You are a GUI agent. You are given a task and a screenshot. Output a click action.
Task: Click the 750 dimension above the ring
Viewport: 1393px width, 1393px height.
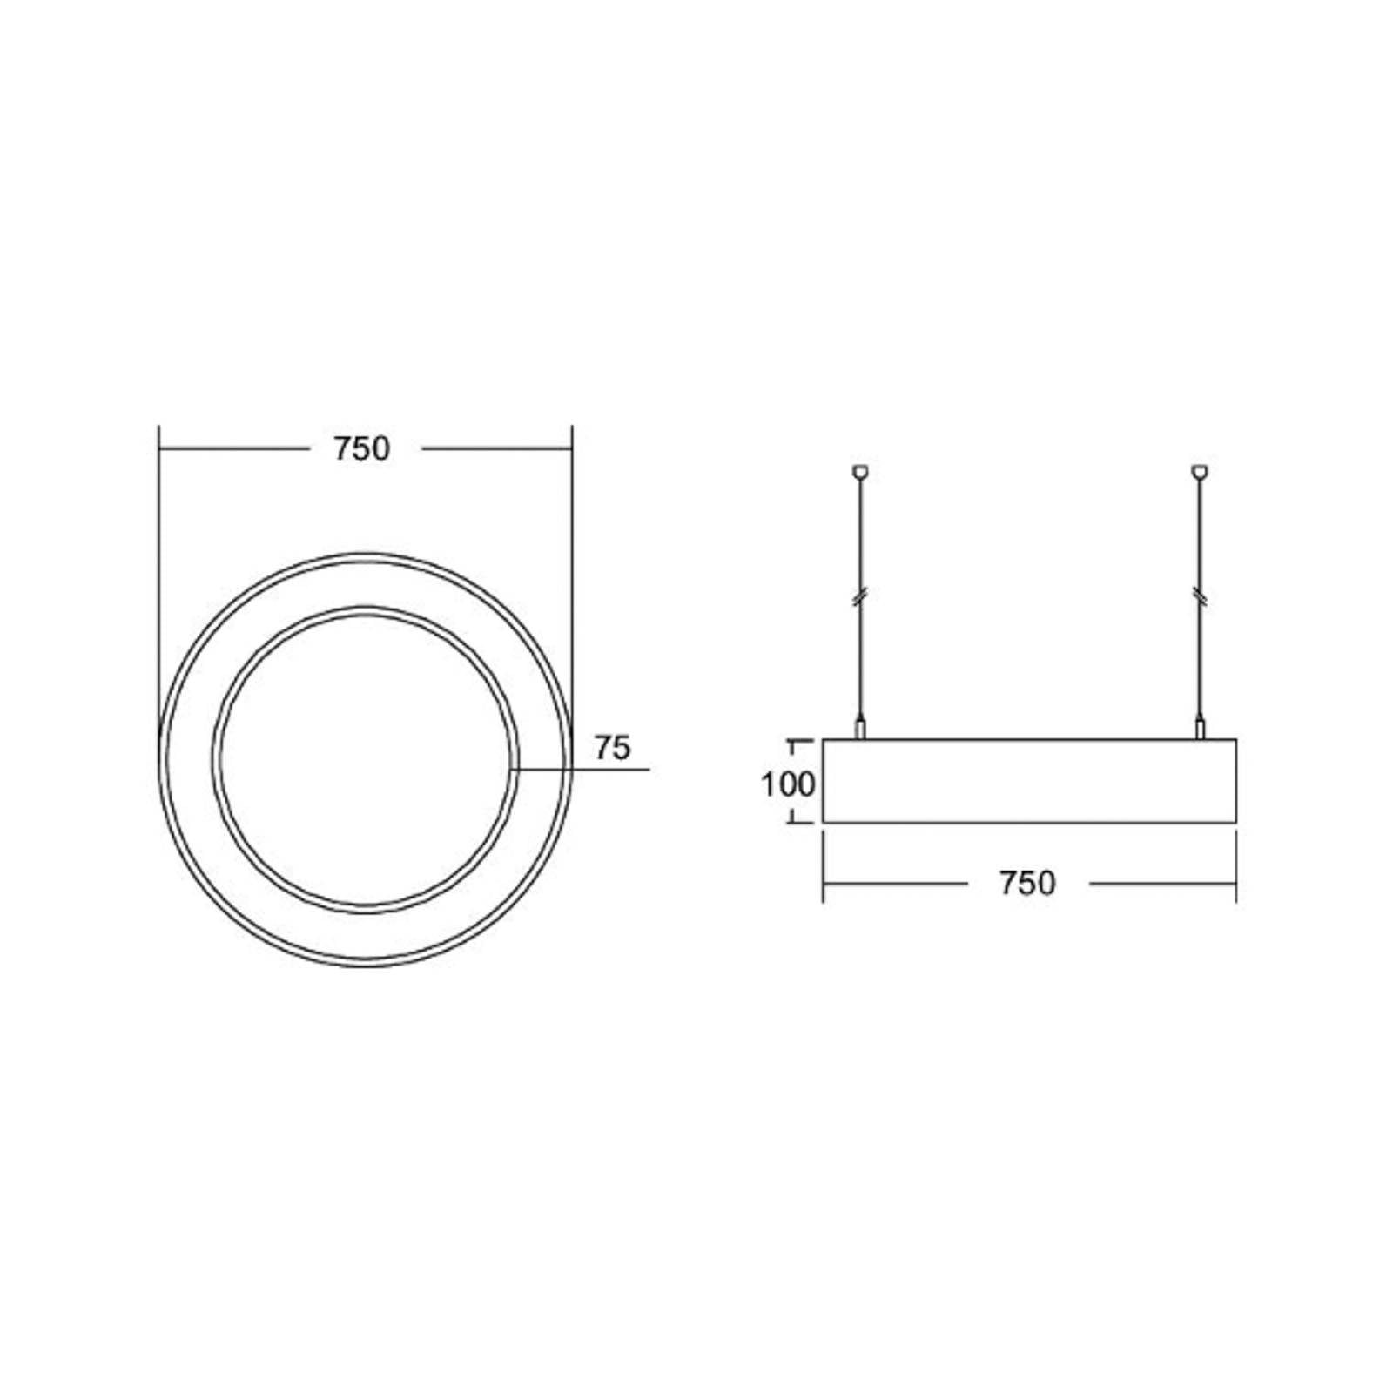click(x=362, y=449)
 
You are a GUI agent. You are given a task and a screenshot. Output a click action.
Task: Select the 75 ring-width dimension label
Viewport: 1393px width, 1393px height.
click(x=612, y=748)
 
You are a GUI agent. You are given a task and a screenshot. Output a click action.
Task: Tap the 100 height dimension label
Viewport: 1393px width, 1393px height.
click(x=788, y=784)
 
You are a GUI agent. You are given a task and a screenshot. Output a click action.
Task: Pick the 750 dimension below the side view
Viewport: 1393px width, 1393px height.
click(x=1027, y=884)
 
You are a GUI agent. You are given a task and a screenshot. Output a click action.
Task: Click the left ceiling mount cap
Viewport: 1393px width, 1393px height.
click(x=861, y=472)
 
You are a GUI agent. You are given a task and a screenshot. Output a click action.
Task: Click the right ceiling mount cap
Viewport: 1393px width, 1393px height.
click(x=1201, y=472)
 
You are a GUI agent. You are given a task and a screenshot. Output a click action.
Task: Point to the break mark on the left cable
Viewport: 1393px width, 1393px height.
click(x=861, y=596)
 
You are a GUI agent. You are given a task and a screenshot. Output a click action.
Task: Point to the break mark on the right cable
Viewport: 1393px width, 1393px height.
click(x=1201, y=596)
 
